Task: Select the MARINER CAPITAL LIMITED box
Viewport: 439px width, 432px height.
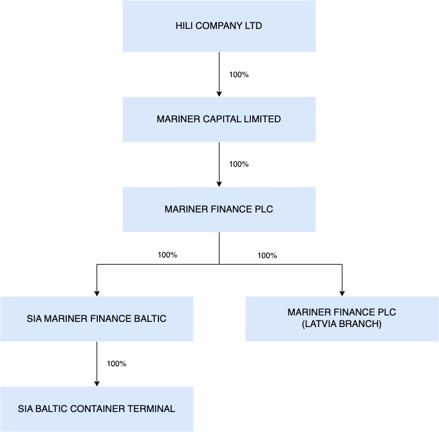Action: point(219,119)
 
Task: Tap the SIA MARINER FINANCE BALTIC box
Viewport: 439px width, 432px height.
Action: point(97,319)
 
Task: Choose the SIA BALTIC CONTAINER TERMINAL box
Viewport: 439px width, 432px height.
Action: point(97,409)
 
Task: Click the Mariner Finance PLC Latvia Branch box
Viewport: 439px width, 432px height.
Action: point(342,319)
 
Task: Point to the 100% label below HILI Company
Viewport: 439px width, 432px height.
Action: point(239,75)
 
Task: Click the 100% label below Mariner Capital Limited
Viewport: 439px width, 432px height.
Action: point(239,164)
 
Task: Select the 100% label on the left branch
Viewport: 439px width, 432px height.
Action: point(167,255)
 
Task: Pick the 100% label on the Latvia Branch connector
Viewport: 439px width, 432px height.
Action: point(267,256)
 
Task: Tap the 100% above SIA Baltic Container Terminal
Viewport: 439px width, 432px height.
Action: point(117,364)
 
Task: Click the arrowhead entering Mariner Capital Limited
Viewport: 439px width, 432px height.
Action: point(219,93)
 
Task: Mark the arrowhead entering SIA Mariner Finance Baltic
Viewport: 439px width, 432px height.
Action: point(97,293)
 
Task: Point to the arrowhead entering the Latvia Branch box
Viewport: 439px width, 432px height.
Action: point(342,293)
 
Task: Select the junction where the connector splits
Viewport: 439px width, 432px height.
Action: point(219,264)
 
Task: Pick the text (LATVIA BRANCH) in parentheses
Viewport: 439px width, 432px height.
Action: point(342,324)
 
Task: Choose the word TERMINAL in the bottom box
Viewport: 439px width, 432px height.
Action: point(155,409)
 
